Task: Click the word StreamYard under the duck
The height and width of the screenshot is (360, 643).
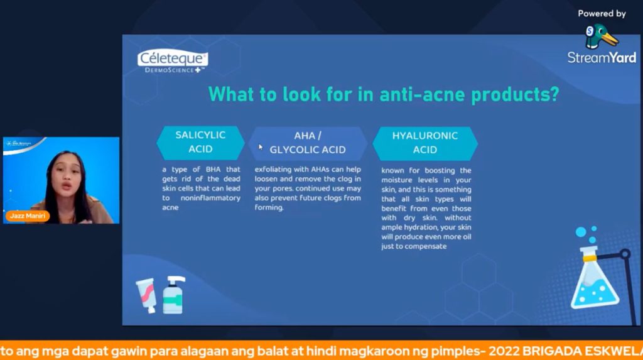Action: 602,58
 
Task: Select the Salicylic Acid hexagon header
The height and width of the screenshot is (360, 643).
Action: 200,142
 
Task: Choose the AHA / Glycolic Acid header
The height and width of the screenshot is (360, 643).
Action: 308,143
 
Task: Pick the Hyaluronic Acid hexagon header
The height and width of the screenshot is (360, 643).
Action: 425,142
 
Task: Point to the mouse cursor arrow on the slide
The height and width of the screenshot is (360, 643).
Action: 261,147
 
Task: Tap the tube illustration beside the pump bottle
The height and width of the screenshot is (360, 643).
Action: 146,295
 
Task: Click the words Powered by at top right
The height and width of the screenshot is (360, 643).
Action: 602,13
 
